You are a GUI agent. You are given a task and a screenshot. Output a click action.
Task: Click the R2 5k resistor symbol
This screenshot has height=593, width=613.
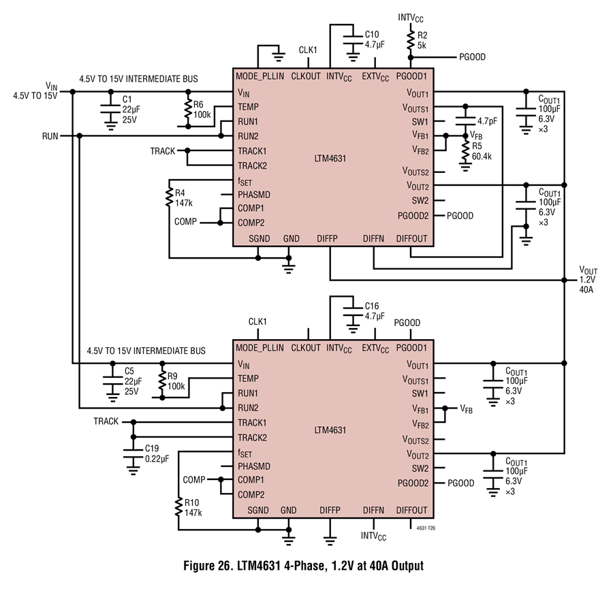411,40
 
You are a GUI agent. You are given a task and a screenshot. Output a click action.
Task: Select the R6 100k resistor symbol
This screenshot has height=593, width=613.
188,109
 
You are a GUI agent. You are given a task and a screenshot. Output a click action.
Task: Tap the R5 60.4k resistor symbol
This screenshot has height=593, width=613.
465,150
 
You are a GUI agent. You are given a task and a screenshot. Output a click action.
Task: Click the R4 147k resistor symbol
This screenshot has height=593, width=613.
170,197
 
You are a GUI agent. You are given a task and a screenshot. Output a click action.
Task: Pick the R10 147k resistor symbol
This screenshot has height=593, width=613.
178,507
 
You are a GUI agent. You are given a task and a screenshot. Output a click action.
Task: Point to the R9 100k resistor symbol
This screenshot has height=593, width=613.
162,381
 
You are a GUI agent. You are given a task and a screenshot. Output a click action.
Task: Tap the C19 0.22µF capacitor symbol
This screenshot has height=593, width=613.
133,454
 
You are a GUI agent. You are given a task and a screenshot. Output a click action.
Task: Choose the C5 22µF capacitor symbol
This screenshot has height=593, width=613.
112,381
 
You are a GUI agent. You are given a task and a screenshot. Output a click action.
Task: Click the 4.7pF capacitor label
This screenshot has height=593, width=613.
487,121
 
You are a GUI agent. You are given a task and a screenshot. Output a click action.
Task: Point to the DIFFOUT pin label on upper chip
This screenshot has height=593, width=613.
411,238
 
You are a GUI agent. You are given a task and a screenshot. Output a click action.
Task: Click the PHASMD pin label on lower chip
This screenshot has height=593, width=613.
254,466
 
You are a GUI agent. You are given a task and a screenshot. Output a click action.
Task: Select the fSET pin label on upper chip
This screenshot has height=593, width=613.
245,182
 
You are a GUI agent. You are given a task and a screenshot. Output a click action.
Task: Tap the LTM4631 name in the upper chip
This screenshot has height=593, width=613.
330,159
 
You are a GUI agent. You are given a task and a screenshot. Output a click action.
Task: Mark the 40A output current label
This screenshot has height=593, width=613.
586,289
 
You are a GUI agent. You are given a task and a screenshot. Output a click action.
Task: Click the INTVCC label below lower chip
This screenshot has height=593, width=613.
373,536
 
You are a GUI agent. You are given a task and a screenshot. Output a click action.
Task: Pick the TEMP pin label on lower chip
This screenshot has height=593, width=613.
248,379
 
